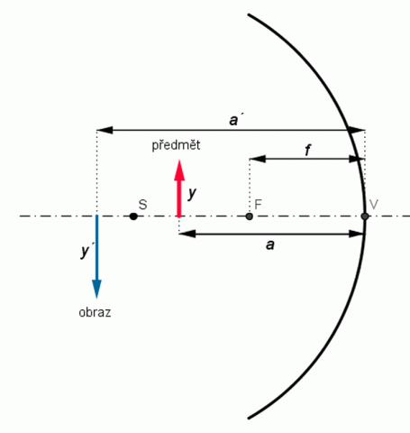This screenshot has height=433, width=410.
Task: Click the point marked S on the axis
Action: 133,216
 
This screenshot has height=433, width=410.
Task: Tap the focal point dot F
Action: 249,216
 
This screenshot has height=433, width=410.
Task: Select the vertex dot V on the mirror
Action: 365,216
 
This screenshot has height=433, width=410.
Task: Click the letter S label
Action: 143,205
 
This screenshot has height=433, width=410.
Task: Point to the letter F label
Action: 258,205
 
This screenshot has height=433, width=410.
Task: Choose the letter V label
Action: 374,205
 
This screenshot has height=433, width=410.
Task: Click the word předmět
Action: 176,145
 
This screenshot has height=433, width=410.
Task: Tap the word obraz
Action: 95,312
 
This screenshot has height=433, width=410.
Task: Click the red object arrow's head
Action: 179,170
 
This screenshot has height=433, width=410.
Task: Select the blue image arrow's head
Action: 96,289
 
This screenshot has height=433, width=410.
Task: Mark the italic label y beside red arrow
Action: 192,193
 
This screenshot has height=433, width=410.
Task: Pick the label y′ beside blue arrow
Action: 86,250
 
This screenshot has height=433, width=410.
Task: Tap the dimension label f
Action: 307,150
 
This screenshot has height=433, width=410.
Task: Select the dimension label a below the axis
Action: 270,245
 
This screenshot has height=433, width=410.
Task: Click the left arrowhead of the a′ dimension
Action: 105,130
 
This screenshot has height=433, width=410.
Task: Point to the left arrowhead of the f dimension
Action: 258,159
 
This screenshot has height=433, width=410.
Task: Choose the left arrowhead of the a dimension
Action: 187,234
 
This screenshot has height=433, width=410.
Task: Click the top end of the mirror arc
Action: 249,14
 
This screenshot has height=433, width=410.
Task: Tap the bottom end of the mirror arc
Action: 249,418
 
